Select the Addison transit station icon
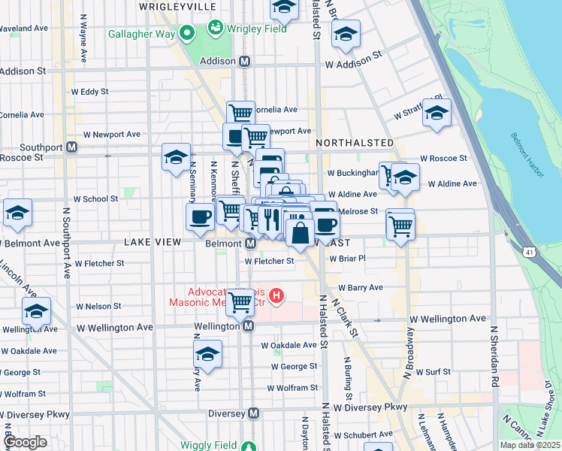click(245, 65)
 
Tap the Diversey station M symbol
click(254, 413)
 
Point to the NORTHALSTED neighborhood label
click(355, 143)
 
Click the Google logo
click(26, 441)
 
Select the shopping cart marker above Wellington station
click(240, 303)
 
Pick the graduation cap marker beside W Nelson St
click(36, 310)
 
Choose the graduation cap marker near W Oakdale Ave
click(208, 355)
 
